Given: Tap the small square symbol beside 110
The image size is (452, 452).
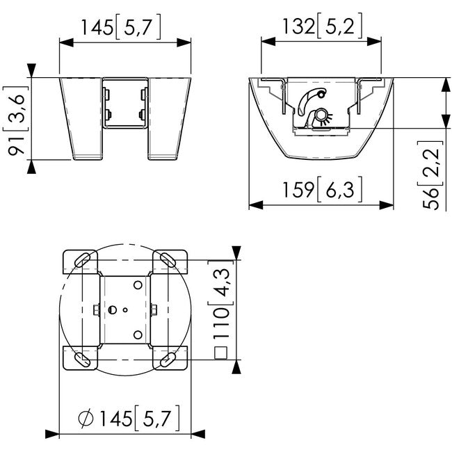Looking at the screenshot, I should click(x=222, y=353).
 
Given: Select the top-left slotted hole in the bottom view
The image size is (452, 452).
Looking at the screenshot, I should click(x=82, y=260).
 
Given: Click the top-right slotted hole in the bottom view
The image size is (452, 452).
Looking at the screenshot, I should click(x=168, y=260).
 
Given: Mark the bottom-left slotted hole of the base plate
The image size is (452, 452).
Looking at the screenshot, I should click(x=82, y=360).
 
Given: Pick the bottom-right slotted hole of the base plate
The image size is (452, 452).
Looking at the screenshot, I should click(x=168, y=360).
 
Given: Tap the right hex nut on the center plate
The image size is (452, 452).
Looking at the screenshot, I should click(x=154, y=309).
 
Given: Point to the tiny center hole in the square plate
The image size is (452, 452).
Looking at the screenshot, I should click(x=125, y=310).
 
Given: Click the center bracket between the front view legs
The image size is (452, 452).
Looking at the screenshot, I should click(x=125, y=104).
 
